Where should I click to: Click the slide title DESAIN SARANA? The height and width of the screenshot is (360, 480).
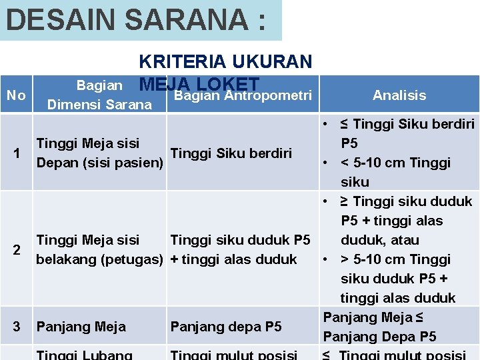click(x=135, y=19)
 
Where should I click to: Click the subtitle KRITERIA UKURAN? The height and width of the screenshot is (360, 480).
click(x=225, y=61)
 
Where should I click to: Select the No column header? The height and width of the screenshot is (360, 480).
click(x=15, y=95)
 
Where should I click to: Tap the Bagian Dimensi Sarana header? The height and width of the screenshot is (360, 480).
click(x=99, y=95)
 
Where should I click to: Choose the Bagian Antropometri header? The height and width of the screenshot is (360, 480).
click(x=243, y=95)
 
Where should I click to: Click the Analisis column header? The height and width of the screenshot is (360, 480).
click(x=399, y=95)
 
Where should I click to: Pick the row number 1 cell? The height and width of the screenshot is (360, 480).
click(x=17, y=153)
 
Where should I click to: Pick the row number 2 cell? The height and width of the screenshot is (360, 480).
click(x=17, y=249)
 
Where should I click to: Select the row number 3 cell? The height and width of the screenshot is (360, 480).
click(x=17, y=327)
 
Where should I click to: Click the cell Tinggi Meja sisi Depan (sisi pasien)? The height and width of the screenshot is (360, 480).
click(x=100, y=153)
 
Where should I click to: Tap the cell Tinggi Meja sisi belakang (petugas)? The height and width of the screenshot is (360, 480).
click(x=100, y=249)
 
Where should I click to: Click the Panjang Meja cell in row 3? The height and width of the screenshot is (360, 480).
click(x=81, y=327)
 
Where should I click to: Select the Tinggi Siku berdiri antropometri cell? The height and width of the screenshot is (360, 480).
click(x=231, y=153)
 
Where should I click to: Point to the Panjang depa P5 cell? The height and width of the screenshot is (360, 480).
click(x=226, y=327)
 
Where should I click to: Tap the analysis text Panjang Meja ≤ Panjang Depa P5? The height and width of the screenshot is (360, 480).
click(x=379, y=327)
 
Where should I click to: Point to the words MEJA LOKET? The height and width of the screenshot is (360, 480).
click(x=199, y=84)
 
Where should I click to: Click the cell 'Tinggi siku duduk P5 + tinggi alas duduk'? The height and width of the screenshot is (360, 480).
click(x=240, y=249)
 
